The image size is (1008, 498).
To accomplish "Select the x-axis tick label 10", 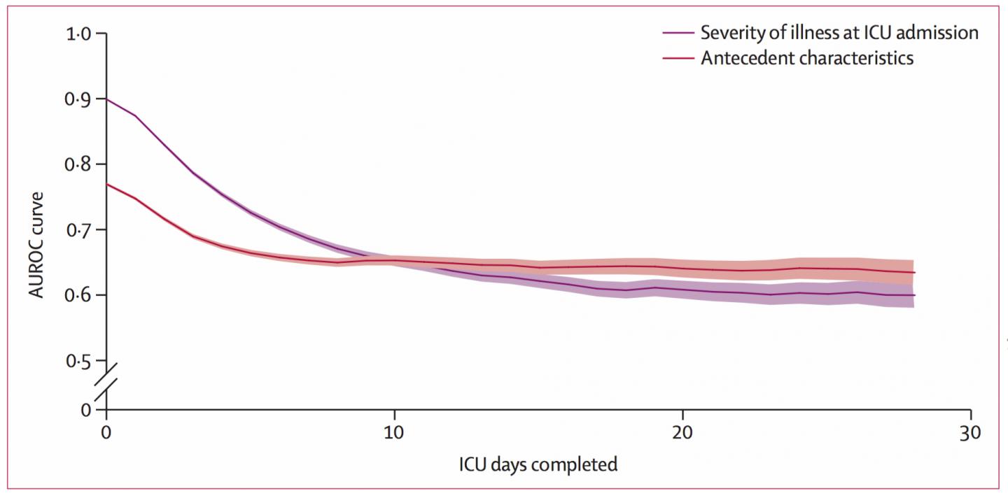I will click(394, 433).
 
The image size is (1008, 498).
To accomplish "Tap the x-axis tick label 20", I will click(682, 433).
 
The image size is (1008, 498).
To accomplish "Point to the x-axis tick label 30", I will click(970, 433).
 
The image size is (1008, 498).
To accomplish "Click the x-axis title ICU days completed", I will click(538, 464).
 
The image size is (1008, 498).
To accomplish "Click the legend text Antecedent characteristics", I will click(807, 57).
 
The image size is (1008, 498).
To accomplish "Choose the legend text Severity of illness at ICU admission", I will click(839, 32).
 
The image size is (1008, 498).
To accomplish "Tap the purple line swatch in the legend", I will click(678, 33).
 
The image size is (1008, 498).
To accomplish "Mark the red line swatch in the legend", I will click(678, 58).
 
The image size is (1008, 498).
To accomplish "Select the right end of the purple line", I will click(913, 295).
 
